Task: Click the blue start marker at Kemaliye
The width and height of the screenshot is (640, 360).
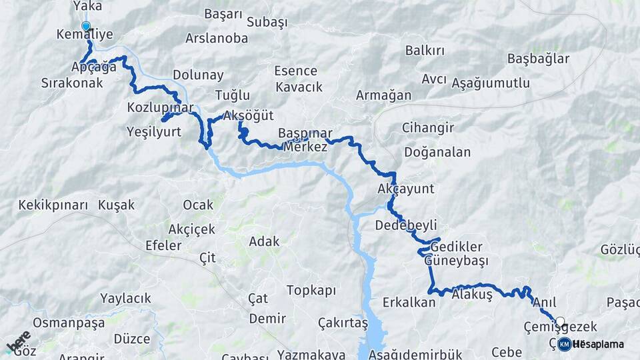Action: pyautogui.click(x=85, y=27)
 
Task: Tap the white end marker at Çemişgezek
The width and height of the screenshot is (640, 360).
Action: pyautogui.click(x=560, y=321)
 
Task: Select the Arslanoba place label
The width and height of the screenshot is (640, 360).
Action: pyautogui.click(x=217, y=38)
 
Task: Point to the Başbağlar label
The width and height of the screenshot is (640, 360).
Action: pyautogui.click(x=538, y=59)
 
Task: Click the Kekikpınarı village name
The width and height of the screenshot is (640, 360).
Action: pyautogui.click(x=53, y=205)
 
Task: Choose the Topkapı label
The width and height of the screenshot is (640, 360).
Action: pyautogui.click(x=311, y=290)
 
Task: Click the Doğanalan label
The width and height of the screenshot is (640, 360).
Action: pyautogui.click(x=436, y=152)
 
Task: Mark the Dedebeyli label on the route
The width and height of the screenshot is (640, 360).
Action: pyautogui.click(x=406, y=224)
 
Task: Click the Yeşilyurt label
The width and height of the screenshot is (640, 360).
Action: pyautogui.click(x=153, y=132)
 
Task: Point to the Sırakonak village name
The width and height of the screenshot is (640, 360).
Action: pyautogui.click(x=72, y=83)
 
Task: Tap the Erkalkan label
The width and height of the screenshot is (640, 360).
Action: pyautogui.click(x=409, y=302)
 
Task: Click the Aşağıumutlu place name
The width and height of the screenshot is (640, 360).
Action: pyautogui.click(x=491, y=83)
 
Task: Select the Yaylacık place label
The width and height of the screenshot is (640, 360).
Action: pyautogui.click(x=125, y=298)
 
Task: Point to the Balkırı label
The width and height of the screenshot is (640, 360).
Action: pyautogui.click(x=425, y=51)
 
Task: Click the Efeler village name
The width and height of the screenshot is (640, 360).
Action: pyautogui.click(x=163, y=245)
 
